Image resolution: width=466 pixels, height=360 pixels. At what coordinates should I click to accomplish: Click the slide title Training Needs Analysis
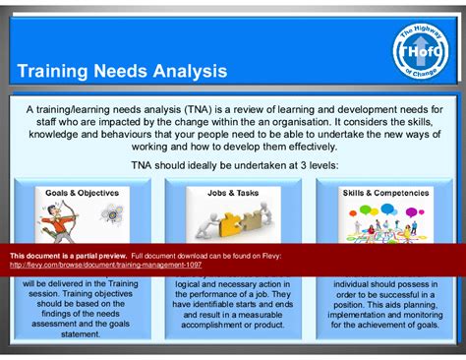122,72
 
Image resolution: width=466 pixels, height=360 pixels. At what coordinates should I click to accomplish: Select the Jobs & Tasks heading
233,193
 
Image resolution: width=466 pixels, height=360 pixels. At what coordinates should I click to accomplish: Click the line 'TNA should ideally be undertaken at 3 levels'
232,166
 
